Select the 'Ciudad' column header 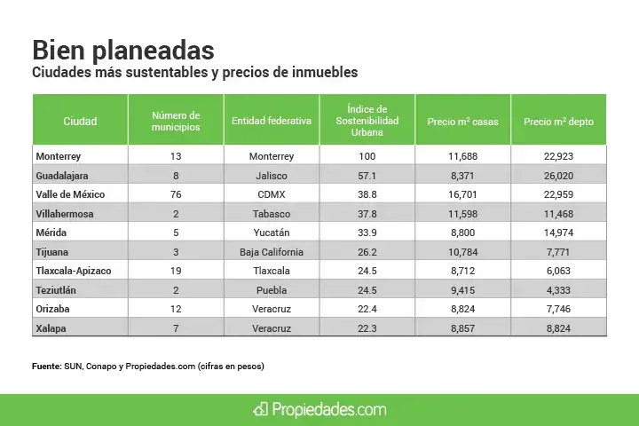click(80, 122)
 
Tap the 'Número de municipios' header click(176, 122)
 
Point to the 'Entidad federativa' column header click(272, 122)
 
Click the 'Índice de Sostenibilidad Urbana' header click(367, 122)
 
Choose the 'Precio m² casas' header click(462, 122)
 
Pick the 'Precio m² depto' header click(558, 122)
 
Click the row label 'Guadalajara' click(62, 176)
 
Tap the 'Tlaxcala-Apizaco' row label click(74, 271)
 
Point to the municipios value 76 click(176, 194)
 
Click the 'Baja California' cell click(272, 252)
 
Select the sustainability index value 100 click(367, 156)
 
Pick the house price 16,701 click(462, 194)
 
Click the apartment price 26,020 click(558, 176)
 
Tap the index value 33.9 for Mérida click(367, 233)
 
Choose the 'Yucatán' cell click(272, 233)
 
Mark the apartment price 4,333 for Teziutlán click(558, 290)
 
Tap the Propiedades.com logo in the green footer click(319, 409)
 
